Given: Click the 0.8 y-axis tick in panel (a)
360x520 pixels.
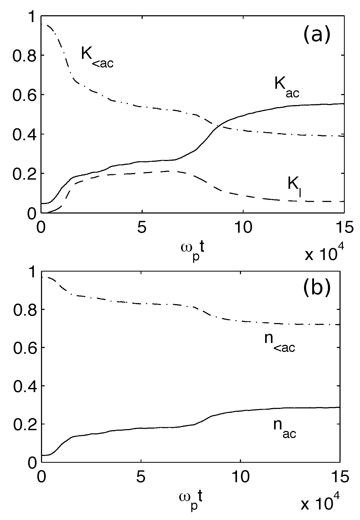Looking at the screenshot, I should tap(22, 55).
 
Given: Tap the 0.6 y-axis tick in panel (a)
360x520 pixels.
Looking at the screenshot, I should tap(22, 95).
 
